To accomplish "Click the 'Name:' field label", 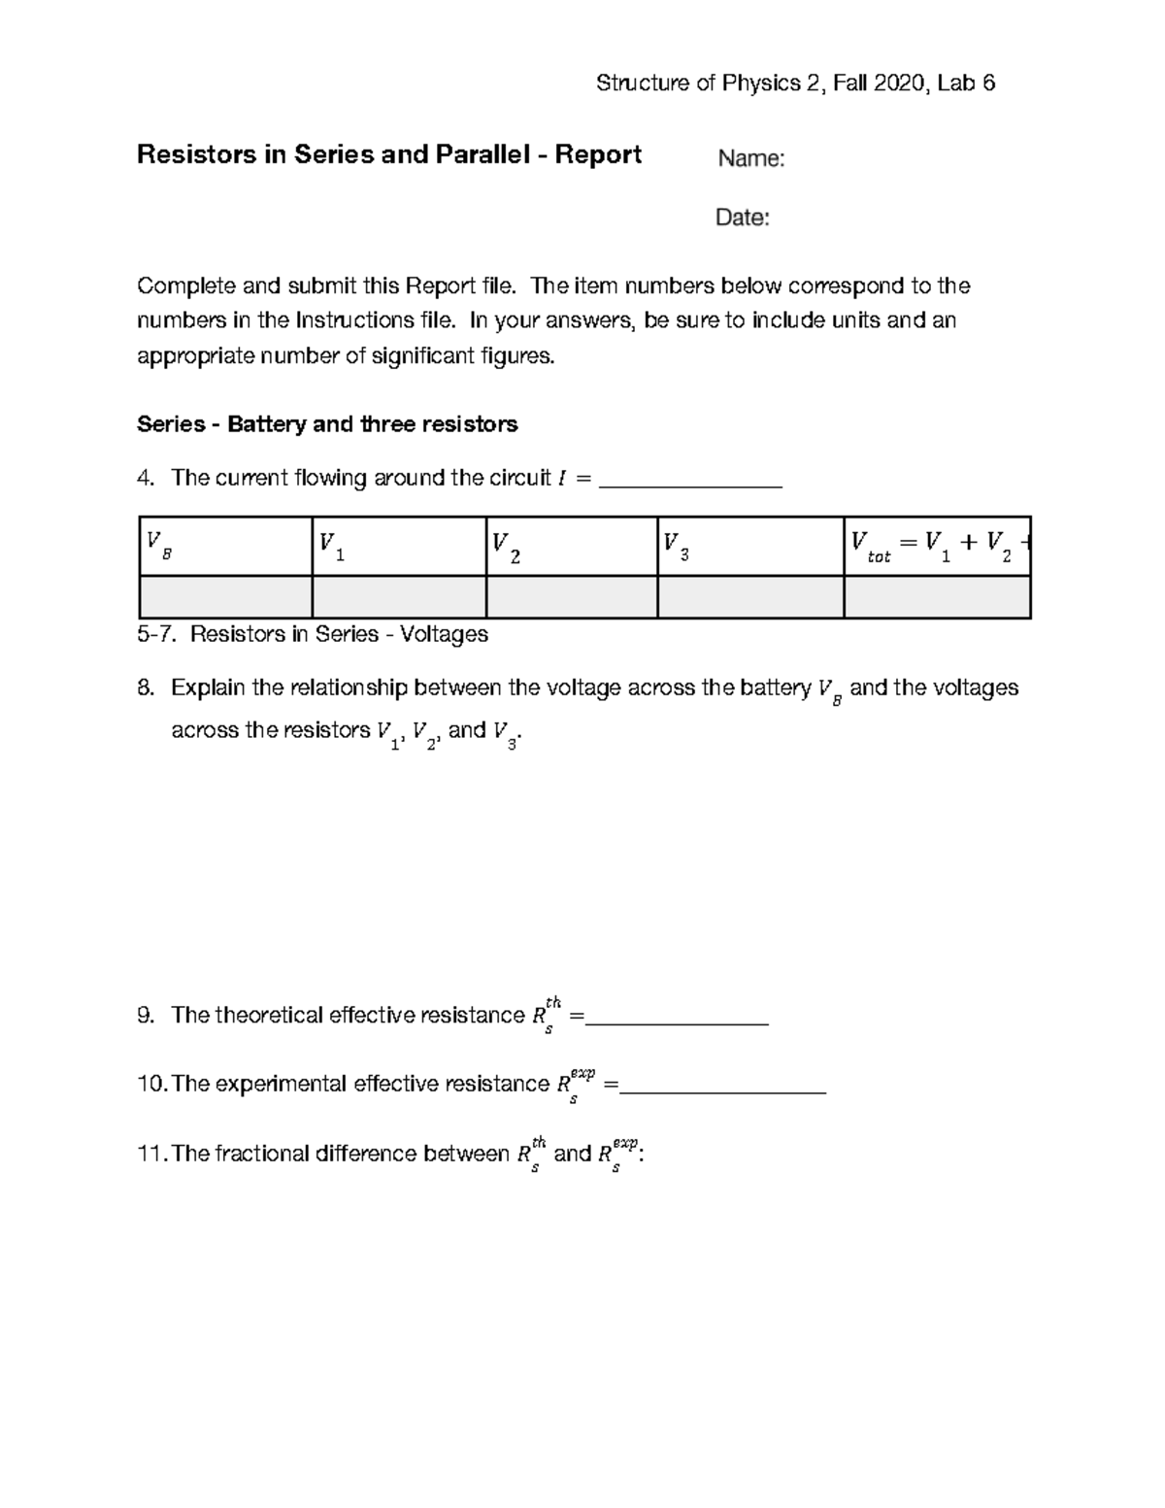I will pyautogui.click(x=750, y=159).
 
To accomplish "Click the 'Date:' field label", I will pyautogui.click(x=742, y=218).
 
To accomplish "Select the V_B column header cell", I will pyautogui.click(x=225, y=546).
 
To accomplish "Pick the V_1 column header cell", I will pyautogui.click(x=398, y=546).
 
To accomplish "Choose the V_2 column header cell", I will pyautogui.click(x=571, y=546).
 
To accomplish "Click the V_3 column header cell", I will pyautogui.click(x=749, y=546).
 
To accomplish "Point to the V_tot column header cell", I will pyautogui.click(x=936, y=546).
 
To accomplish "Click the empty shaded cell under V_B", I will pyautogui.click(x=225, y=597).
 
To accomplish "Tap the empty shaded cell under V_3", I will pyautogui.click(x=749, y=597).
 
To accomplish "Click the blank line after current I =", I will pyautogui.click(x=691, y=481).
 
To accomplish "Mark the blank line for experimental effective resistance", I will pyautogui.click(x=723, y=1087).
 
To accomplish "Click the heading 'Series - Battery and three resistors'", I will pyautogui.click(x=327, y=424).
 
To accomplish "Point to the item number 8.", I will pyautogui.click(x=145, y=688).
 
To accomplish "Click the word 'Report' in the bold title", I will pyautogui.click(x=598, y=155).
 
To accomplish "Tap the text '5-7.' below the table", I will pyautogui.click(x=157, y=635).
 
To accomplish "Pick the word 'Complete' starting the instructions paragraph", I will pyautogui.click(x=185, y=286).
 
